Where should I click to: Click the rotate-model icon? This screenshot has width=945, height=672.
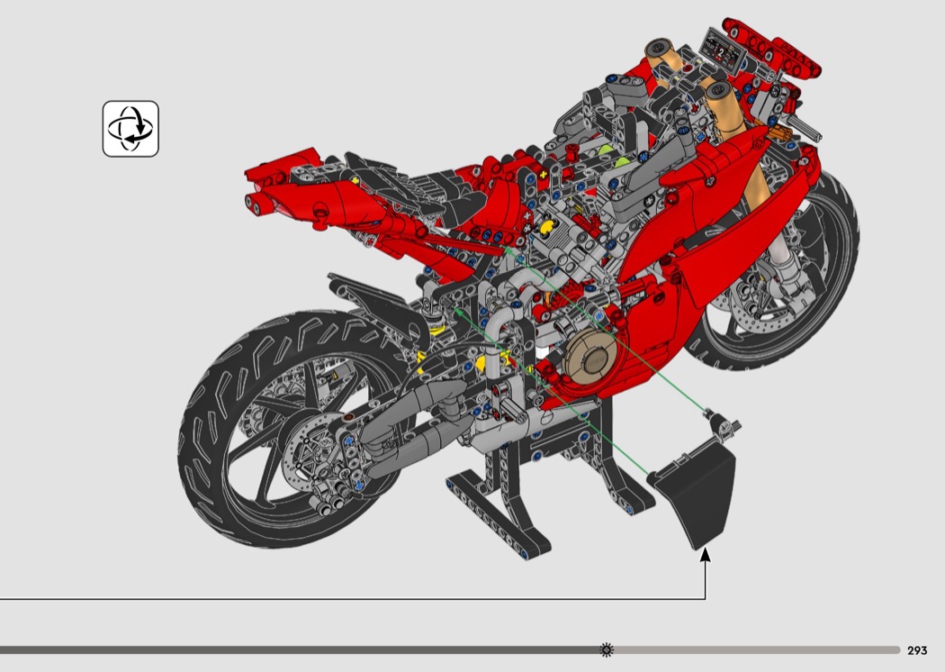click(130, 129)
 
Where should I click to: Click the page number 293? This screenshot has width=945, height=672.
click(917, 650)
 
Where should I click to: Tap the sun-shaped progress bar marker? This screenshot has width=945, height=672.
click(607, 649)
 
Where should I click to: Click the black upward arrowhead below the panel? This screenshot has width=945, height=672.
click(705, 554)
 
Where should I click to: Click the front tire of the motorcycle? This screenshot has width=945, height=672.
click(784, 284)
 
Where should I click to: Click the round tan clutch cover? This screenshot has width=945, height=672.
click(592, 358)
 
